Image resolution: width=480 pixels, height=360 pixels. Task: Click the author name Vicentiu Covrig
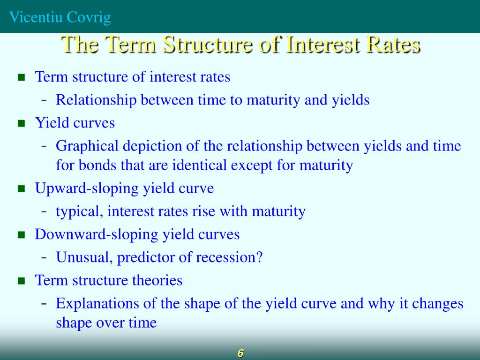point(60,17)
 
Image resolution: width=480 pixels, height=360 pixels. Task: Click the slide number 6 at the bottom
point(240,353)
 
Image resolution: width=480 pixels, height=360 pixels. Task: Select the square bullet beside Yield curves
point(21,124)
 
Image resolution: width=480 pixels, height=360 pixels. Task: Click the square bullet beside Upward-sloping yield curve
point(21,189)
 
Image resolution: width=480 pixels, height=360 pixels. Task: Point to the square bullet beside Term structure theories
point(21,281)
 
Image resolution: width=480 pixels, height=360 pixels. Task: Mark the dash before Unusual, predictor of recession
point(44,257)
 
